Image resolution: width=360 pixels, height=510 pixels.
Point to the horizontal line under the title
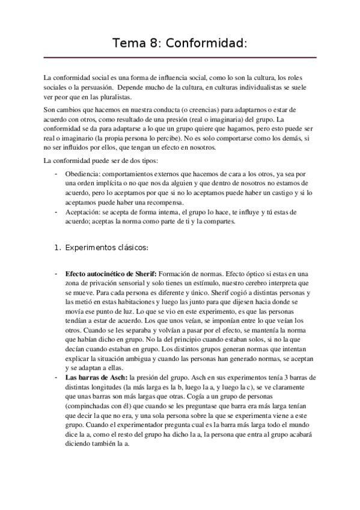pyautogui.click(x=180, y=58)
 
